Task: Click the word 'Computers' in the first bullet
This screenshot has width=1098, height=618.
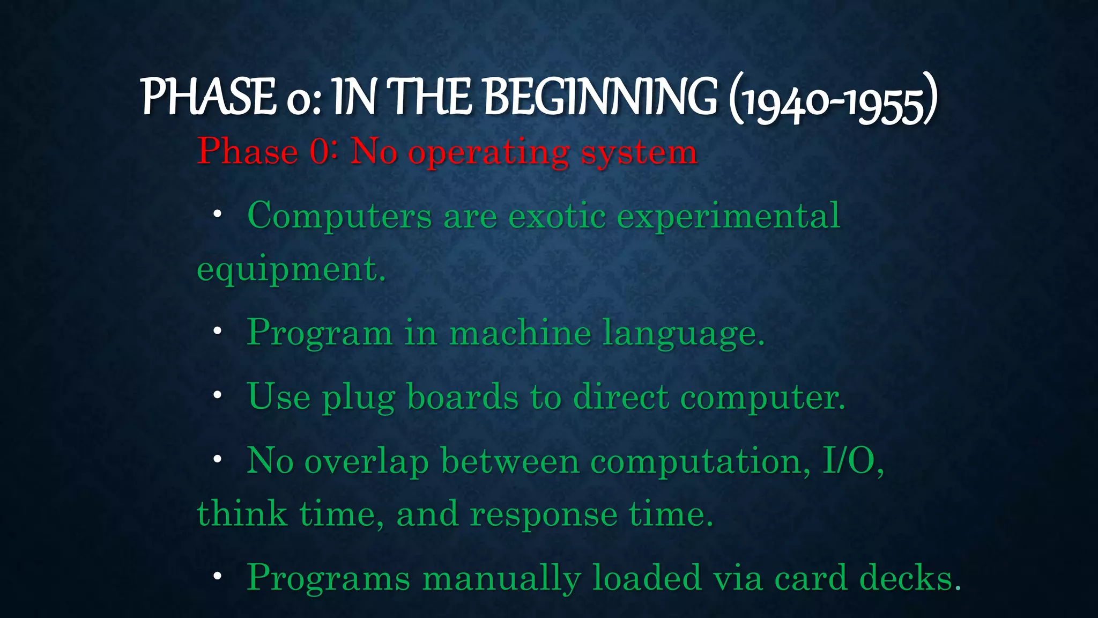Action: (339, 216)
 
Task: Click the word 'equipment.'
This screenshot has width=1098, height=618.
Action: (291, 270)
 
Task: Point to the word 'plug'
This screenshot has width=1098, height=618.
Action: (359, 399)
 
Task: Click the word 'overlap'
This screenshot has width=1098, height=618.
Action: (367, 461)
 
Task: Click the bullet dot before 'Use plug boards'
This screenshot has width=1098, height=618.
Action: (217, 395)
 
